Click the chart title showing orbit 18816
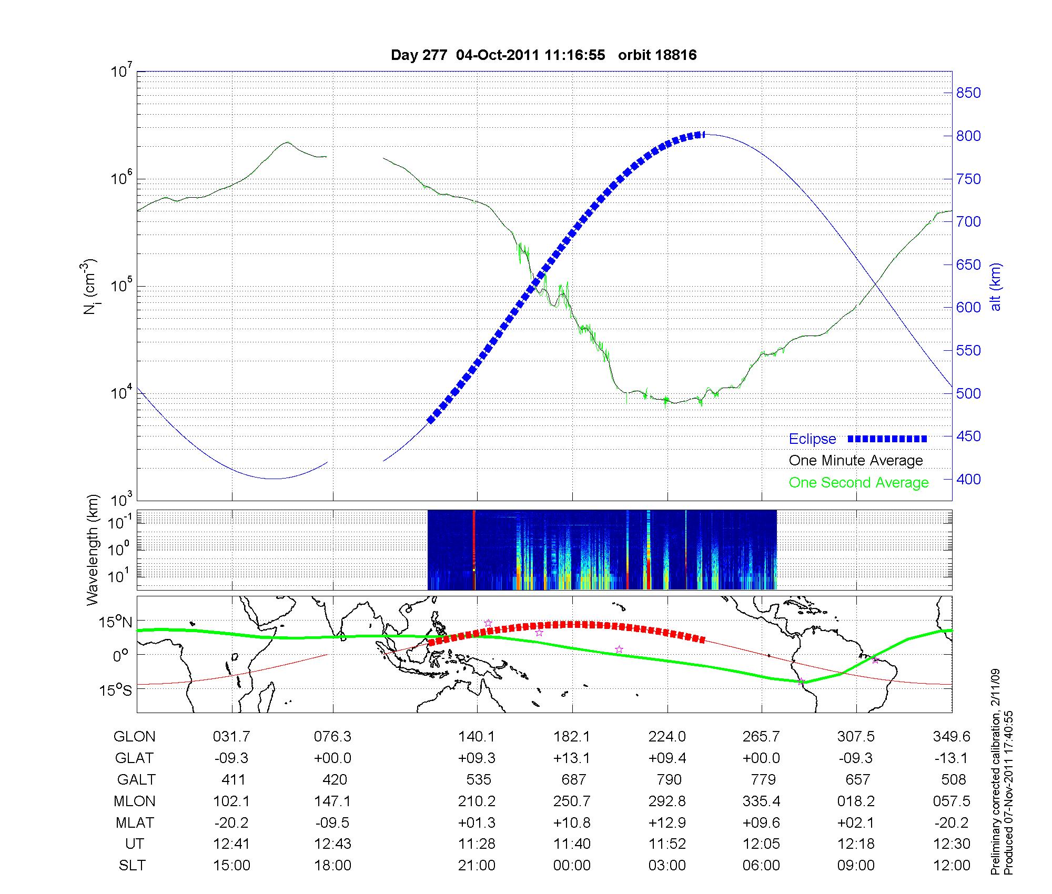tap(543, 55)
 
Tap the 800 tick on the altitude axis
tap(968, 136)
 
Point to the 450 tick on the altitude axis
tap(968, 436)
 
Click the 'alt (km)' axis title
tap(996, 287)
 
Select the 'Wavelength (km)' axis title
tap(93, 550)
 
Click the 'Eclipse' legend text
tap(812, 439)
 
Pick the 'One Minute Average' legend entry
tap(856, 461)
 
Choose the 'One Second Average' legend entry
tap(858, 483)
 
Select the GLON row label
tap(134, 737)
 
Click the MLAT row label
tap(134, 822)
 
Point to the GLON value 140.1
tap(477, 737)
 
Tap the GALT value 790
tap(669, 779)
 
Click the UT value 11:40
tap(572, 844)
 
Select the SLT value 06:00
tap(761, 866)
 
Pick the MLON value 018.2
tap(856, 801)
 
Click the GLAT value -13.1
tap(952, 758)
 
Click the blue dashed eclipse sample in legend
tap(887, 439)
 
